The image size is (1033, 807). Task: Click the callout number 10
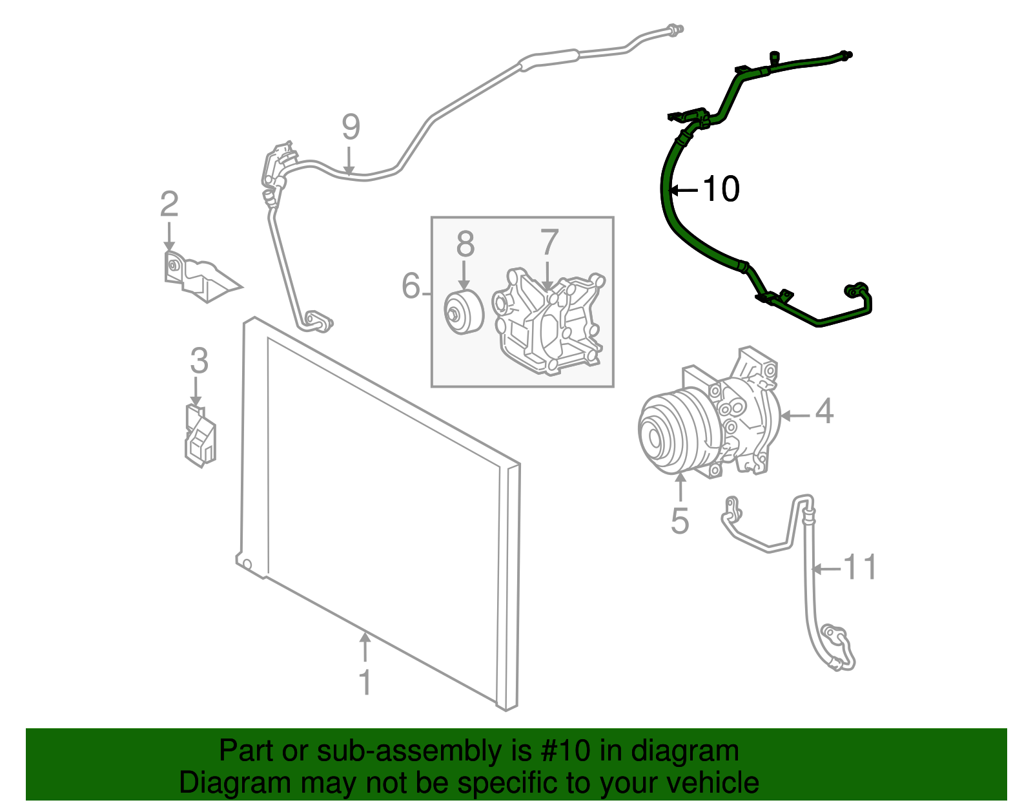point(721,189)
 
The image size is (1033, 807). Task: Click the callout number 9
point(351,127)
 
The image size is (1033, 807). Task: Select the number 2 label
point(169,204)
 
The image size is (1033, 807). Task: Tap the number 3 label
point(199,361)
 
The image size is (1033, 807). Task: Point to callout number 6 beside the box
point(411,286)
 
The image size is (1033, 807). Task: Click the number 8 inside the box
point(465,244)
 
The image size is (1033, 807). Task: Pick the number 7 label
point(549,243)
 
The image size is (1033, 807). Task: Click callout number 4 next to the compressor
point(824,412)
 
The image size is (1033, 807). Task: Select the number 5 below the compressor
point(680,521)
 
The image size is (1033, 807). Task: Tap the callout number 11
point(861,567)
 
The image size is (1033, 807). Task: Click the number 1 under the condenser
point(365,683)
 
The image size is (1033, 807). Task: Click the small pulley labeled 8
point(463,313)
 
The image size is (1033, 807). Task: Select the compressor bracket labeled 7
point(549,323)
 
